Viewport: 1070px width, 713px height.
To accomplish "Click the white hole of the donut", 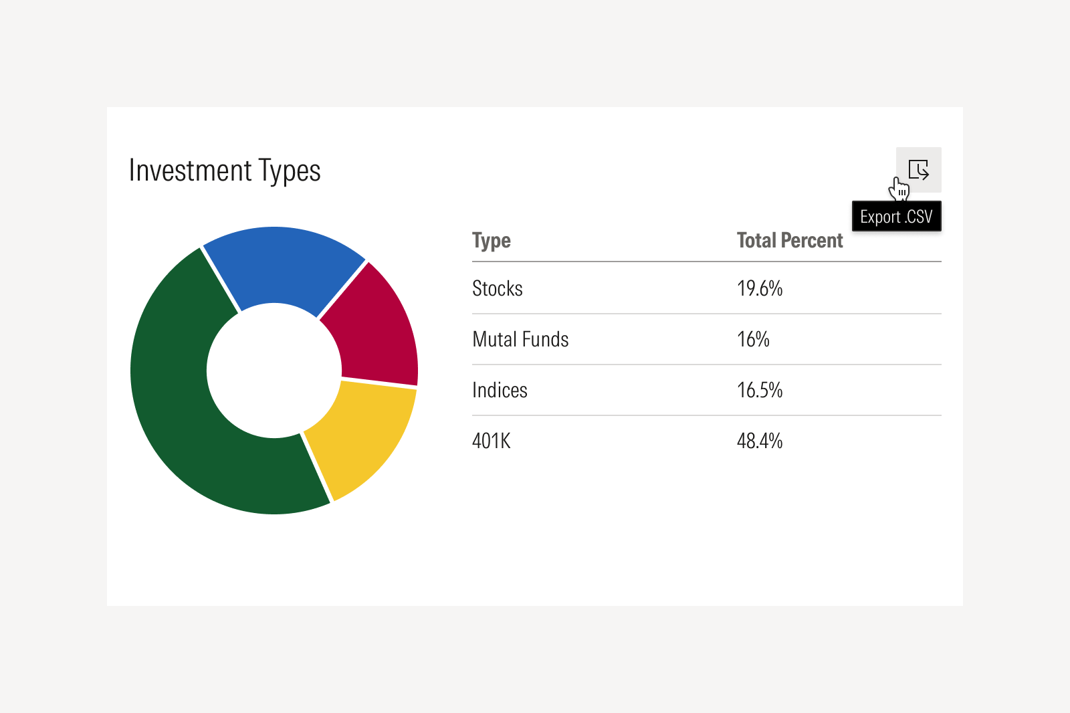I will point(274,371).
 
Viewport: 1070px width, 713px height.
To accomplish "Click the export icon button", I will point(919,169).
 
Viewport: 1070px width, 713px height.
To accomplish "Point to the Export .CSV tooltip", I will point(896,217).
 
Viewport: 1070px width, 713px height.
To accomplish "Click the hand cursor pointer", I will point(899,189).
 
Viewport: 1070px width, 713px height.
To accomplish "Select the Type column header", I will point(492,241).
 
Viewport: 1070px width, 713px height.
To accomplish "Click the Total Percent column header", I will point(790,241).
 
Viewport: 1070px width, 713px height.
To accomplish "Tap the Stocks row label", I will point(497,288).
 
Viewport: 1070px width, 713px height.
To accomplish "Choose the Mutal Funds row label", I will point(520,339).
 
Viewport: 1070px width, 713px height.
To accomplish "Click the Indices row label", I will point(500,390).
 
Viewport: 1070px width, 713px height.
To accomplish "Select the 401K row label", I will point(492,441).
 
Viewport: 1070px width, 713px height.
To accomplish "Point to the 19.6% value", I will point(760,288).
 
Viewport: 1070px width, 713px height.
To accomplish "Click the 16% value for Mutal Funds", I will point(753,339).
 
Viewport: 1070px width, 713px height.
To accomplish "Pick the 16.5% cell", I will point(760,390).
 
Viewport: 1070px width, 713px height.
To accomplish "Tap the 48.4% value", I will point(760,441).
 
